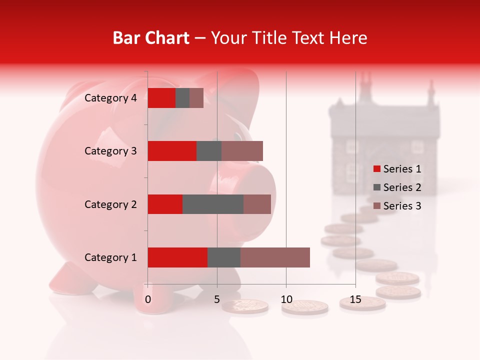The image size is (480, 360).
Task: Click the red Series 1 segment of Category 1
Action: point(177,257)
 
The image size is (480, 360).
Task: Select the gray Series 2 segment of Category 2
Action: point(213,204)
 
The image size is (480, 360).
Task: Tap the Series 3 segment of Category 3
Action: point(242,151)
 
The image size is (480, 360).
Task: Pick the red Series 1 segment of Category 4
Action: point(161,98)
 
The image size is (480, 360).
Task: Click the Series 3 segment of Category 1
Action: point(275,257)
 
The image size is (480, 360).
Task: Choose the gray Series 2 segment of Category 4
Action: point(182,98)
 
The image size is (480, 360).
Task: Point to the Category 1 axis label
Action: point(110,257)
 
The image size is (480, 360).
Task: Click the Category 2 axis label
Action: point(110,204)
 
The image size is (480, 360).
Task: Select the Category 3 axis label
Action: point(110,151)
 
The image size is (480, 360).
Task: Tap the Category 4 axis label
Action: point(110,98)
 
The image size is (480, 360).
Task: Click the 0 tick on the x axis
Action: point(148,299)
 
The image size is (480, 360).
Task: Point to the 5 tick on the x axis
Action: point(217,299)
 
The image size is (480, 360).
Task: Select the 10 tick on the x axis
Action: point(286,299)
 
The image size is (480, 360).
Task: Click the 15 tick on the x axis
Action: point(355,299)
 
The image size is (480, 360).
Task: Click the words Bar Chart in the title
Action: point(151,37)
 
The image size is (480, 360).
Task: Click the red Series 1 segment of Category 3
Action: point(172,151)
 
